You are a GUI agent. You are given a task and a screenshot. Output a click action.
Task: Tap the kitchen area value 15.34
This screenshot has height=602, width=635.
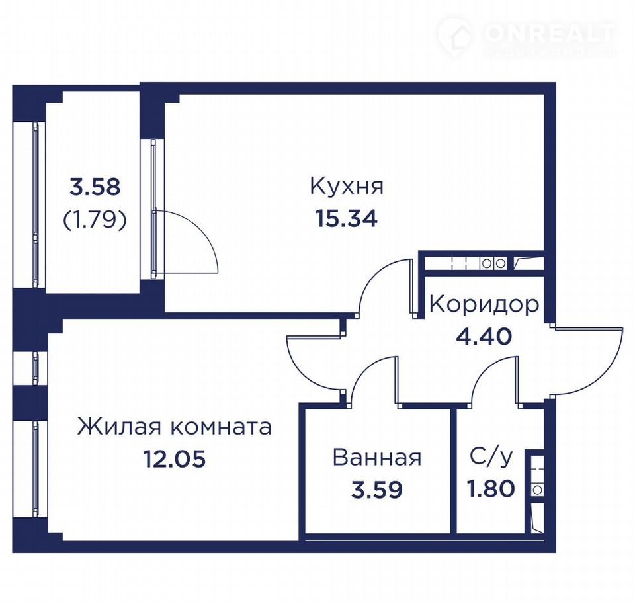pyautogui.click(x=347, y=219)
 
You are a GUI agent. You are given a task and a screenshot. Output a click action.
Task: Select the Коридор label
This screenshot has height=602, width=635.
pyautogui.click(x=484, y=306)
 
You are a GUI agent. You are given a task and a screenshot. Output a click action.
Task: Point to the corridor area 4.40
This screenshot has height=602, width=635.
pyautogui.click(x=484, y=337)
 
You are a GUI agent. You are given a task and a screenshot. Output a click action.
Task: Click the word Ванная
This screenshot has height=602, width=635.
pyautogui.click(x=377, y=457)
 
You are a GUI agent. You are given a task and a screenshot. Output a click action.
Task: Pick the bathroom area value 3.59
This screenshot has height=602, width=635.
pyautogui.click(x=377, y=489)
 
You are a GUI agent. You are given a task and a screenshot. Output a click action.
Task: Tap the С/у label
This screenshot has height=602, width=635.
pyautogui.click(x=491, y=457)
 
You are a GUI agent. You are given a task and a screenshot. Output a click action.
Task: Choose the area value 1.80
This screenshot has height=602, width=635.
pyautogui.click(x=491, y=488)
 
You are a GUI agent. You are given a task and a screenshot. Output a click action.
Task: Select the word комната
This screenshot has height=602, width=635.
pyautogui.click(x=221, y=427)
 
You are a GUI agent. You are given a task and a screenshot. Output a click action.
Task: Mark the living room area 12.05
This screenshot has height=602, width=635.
pyautogui.click(x=175, y=460)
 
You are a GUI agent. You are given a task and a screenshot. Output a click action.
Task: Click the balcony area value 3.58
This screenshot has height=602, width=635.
pyautogui.click(x=95, y=188)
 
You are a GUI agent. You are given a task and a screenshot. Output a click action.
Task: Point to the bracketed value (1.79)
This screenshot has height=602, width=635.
pyautogui.click(x=95, y=220)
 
